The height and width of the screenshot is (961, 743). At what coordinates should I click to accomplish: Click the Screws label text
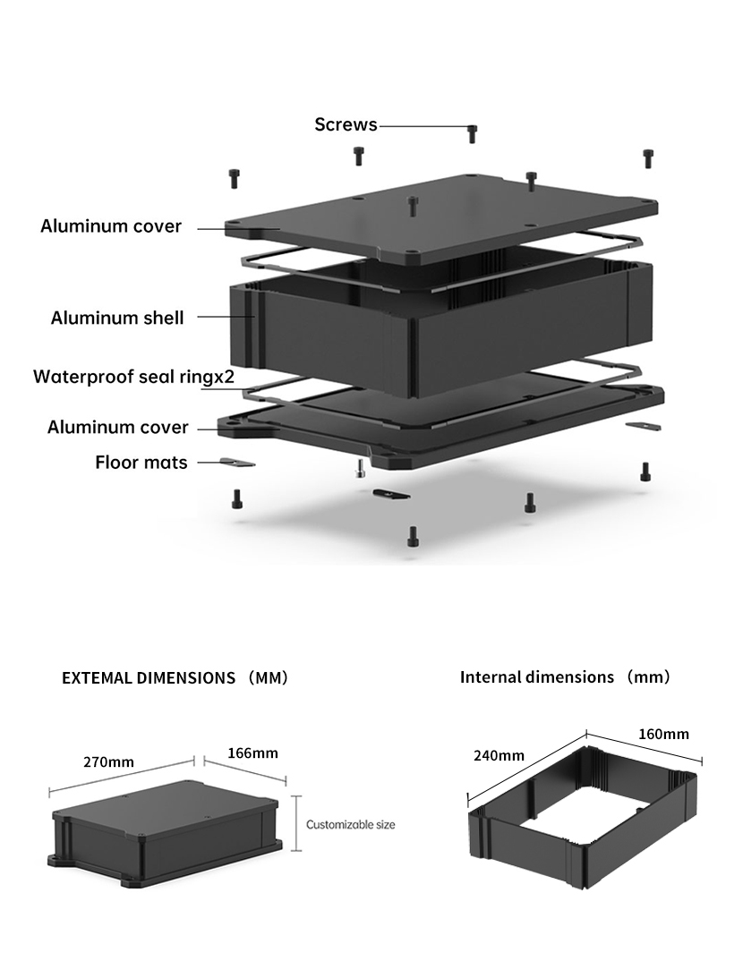pyautogui.click(x=346, y=124)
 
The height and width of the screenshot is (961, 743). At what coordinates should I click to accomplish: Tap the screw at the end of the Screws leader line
pyautogui.click(x=473, y=134)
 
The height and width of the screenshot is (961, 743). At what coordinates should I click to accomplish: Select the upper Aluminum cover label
pyautogui.click(x=111, y=226)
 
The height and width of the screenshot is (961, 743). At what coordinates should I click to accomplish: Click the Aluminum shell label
pyautogui.click(x=117, y=318)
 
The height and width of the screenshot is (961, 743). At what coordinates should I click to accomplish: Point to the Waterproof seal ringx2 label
pyautogui.click(x=133, y=376)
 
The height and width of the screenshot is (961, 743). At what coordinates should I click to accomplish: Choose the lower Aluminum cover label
pyautogui.click(x=118, y=427)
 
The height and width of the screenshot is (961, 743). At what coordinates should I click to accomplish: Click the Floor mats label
pyautogui.click(x=141, y=463)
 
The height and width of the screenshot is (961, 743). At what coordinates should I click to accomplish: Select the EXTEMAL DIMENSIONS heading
pyautogui.click(x=149, y=677)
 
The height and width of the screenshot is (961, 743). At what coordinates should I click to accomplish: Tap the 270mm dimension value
pyautogui.click(x=108, y=761)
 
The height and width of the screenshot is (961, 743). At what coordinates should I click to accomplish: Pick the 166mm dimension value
pyautogui.click(x=252, y=753)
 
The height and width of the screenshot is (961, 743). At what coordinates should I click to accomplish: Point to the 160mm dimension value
pyautogui.click(x=663, y=734)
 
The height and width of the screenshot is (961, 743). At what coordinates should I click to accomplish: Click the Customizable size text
pyautogui.click(x=350, y=824)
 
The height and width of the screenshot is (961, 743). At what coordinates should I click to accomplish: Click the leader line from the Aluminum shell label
pyautogui.click(x=222, y=317)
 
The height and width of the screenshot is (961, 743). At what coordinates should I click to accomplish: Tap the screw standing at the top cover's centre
pyautogui.click(x=412, y=205)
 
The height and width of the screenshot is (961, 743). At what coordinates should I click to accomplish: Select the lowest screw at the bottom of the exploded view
pyautogui.click(x=413, y=536)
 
